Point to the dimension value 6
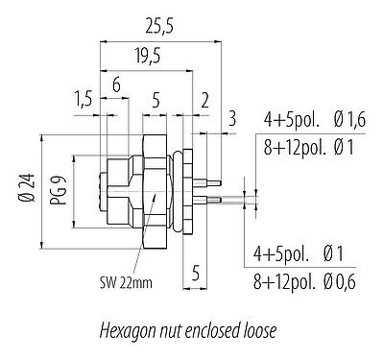(115, 84)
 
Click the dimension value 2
(204, 102)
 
